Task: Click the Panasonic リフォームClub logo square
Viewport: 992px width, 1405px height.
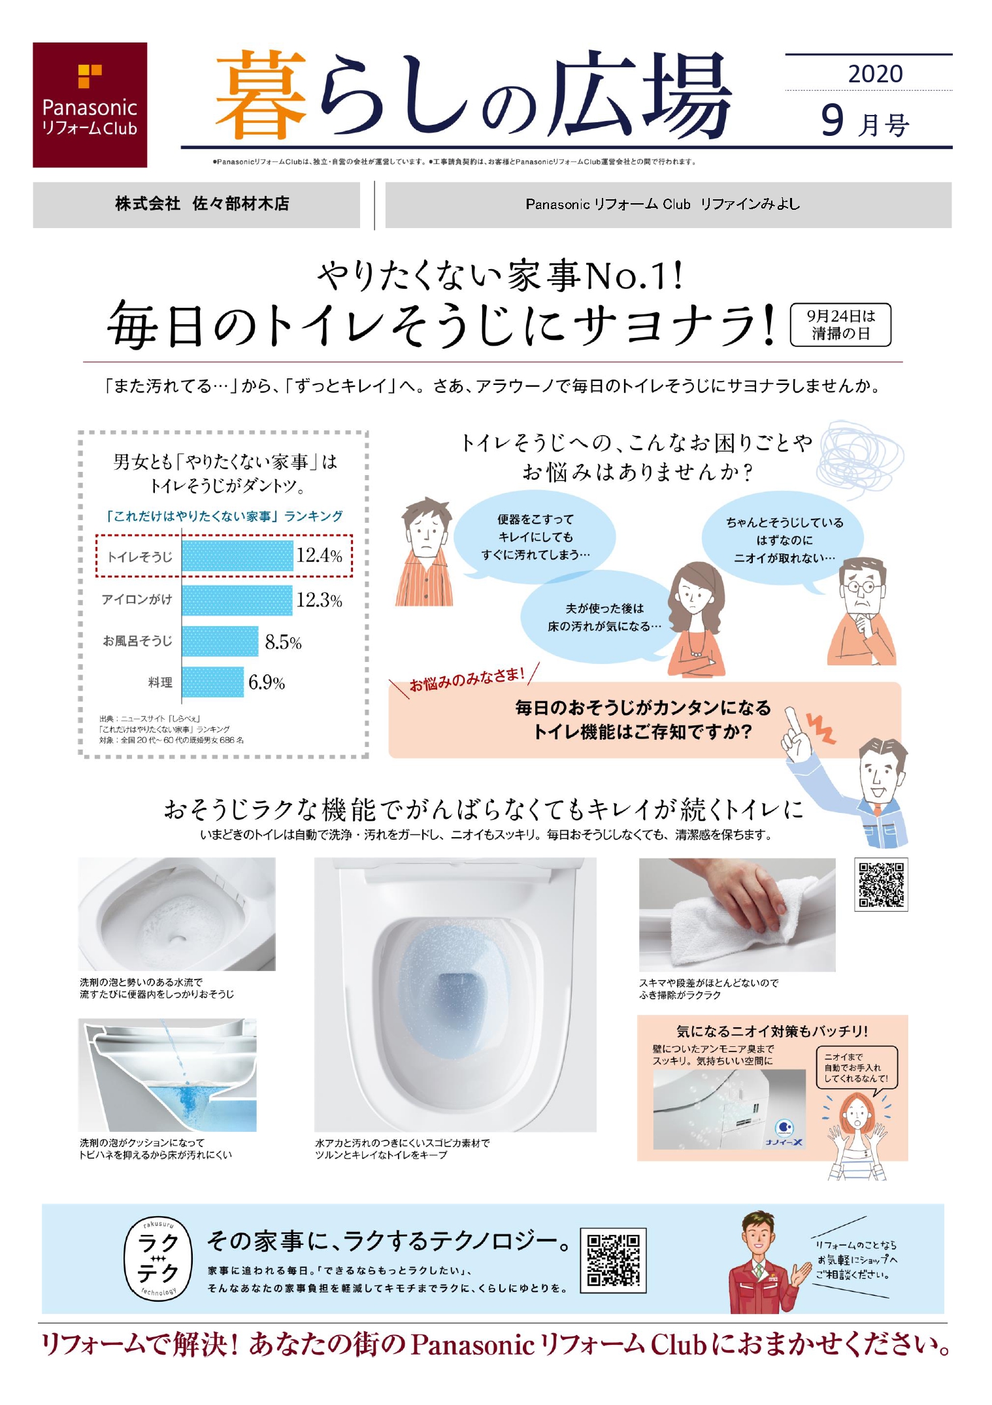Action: [x=90, y=105]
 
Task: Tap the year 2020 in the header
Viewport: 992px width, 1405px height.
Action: [x=875, y=74]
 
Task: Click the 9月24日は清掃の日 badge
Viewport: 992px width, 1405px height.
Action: [x=840, y=325]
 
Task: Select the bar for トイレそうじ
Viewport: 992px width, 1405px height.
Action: [x=237, y=556]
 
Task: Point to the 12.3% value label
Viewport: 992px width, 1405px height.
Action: [x=319, y=600]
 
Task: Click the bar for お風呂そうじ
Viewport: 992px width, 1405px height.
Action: [x=220, y=641]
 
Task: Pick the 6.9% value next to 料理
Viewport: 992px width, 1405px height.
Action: [x=267, y=683]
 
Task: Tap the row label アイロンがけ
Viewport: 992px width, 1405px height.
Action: [x=137, y=599]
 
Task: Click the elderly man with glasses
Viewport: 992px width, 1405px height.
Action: [x=862, y=612]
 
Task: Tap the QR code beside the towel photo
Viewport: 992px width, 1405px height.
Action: [x=881, y=884]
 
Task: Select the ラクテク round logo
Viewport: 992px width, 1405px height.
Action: [x=158, y=1259]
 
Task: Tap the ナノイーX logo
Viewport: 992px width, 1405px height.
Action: [x=785, y=1133]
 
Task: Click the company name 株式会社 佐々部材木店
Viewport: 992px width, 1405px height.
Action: [x=202, y=204]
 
